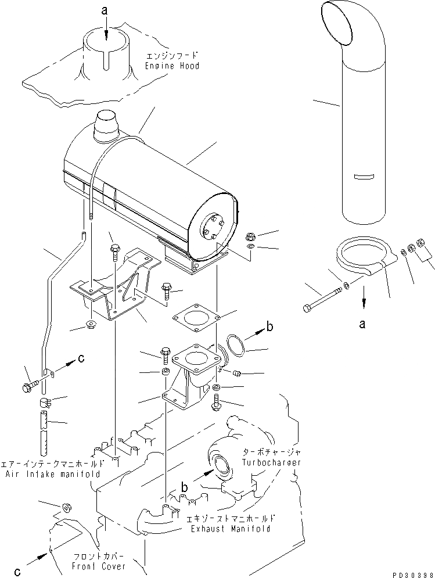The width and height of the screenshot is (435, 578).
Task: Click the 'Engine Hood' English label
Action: pos(172,66)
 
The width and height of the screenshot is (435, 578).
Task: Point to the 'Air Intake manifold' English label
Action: pos(54,473)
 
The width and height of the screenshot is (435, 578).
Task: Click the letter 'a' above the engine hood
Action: pos(105,10)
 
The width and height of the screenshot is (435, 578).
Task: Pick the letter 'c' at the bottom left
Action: pos(17,572)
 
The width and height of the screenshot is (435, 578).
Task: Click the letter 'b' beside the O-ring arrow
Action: pos(269,327)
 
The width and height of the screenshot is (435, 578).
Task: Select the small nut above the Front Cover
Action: pos(66,507)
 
